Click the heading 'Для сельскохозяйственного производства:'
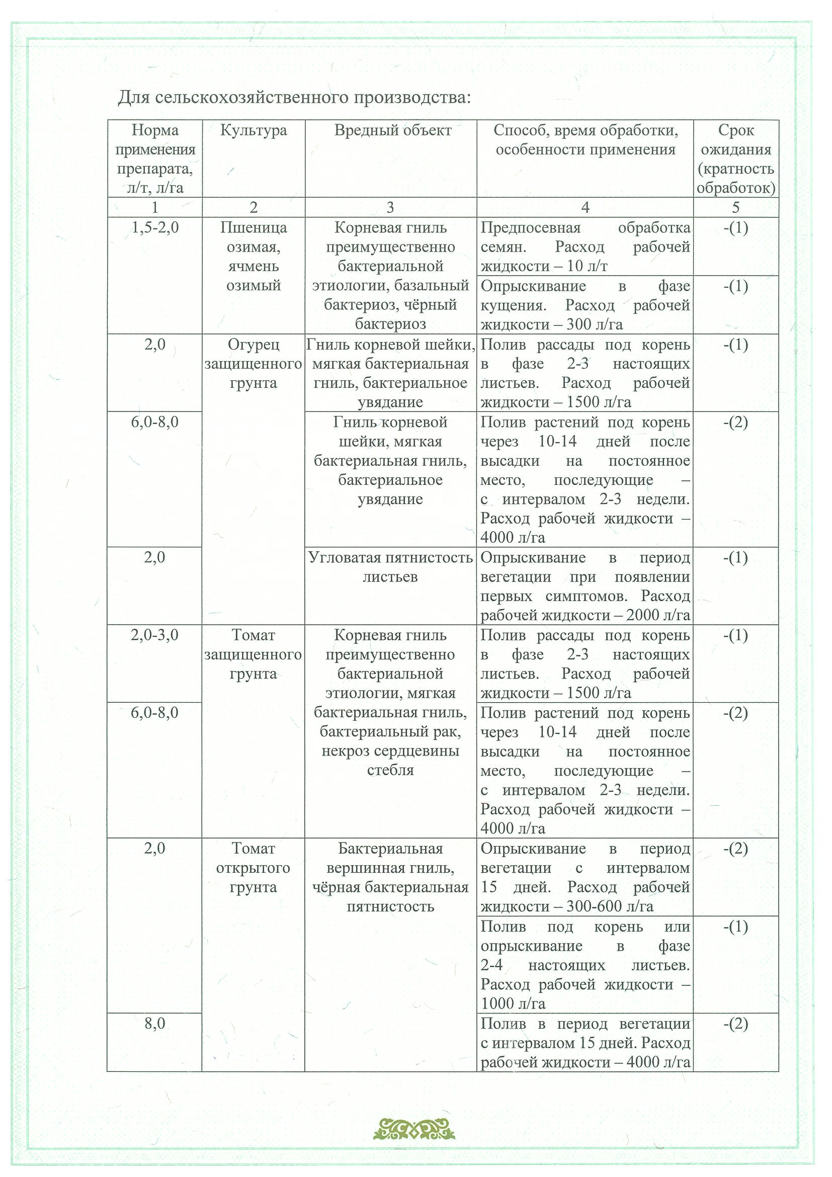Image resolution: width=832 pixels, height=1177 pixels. [294, 97]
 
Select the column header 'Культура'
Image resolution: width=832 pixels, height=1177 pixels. [253, 130]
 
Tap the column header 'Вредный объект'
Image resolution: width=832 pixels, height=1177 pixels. [392, 130]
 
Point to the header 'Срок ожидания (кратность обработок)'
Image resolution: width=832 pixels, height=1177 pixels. [735, 159]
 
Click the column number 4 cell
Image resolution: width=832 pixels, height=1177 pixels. [585, 207]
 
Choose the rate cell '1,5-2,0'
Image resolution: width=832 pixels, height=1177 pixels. [155, 228]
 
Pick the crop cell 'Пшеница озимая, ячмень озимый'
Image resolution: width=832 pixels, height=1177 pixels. [253, 257]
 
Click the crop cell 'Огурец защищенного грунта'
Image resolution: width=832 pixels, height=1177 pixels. [253, 364]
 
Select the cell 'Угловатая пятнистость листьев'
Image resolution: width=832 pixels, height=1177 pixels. [390, 567]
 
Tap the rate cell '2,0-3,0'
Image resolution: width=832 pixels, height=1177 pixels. [155, 635]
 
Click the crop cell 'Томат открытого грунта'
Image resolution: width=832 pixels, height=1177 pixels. [253, 868]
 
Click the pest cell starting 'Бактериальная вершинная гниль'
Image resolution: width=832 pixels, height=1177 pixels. [390, 878]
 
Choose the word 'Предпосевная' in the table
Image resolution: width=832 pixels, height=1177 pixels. [531, 228]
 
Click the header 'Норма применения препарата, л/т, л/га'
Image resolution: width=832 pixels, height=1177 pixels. [155, 159]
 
